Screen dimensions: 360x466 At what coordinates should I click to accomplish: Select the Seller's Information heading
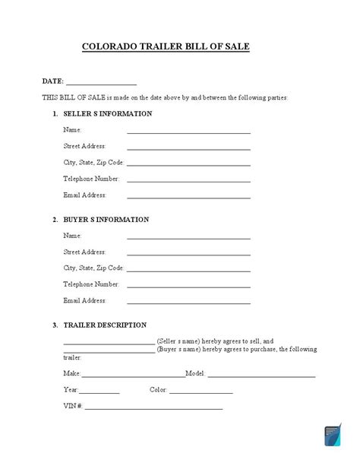coord(106,114)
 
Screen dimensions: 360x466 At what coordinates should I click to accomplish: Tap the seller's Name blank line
coord(188,132)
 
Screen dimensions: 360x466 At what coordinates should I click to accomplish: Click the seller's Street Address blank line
coord(188,148)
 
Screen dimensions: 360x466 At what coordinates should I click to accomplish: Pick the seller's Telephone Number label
coord(91,179)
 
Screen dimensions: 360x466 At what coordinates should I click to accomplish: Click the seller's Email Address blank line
coord(188,198)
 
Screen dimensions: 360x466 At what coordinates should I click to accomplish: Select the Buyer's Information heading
coord(106,220)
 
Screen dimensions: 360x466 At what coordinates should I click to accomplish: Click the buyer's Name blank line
coord(188,238)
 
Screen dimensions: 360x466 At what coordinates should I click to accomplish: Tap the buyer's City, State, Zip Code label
coord(93,268)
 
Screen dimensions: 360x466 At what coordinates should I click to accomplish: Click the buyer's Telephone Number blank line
coord(188,287)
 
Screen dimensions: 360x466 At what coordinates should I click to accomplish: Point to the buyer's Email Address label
coord(84,300)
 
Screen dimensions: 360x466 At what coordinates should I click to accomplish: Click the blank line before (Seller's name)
coord(109,344)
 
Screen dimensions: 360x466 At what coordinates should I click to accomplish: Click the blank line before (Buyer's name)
coord(109,352)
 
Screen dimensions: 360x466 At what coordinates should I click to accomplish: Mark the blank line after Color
coord(201,393)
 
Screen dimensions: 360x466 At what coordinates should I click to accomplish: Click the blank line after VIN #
coord(153,409)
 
